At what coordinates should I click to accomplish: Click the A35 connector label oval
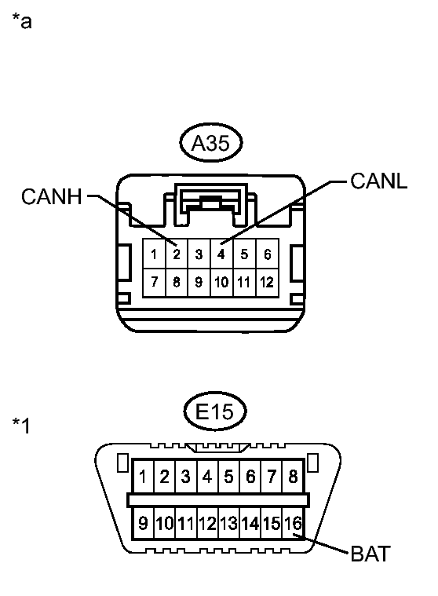[211, 143]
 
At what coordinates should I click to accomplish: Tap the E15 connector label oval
[214, 411]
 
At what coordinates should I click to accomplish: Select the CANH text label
[52, 196]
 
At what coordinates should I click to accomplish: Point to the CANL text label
[379, 181]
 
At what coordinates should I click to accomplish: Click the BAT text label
[370, 554]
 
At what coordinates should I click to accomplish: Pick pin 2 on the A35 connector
[177, 254]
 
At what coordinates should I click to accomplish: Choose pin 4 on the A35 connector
[221, 254]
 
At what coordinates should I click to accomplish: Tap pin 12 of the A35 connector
[267, 283]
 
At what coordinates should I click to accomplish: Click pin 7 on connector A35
[154, 283]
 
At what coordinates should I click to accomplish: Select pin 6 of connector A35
[267, 254]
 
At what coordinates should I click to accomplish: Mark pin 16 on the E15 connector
[293, 524]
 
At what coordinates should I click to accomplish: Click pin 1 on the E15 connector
[143, 477]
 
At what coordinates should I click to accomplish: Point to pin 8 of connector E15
[293, 477]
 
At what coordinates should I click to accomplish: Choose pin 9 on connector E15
[143, 524]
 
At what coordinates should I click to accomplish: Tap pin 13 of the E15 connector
[228, 524]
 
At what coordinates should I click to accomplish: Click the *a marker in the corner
[22, 20]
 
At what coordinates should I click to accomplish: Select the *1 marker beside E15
[21, 426]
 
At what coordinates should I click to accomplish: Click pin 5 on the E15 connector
[228, 477]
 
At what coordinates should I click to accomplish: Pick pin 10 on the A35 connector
[221, 283]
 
